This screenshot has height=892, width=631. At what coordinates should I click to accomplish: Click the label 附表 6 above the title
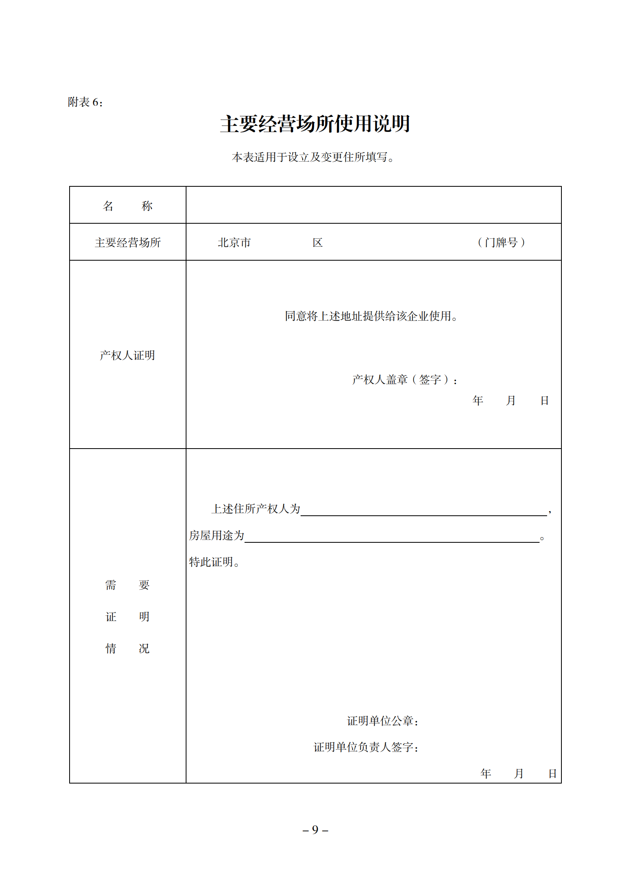85,103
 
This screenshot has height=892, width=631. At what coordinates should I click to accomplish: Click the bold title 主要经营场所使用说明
315,124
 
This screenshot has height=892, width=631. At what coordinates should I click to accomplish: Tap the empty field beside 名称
373,205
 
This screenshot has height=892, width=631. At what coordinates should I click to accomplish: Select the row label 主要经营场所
128,242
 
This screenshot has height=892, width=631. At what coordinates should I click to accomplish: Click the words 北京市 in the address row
234,242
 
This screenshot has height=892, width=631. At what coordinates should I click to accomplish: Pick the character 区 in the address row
317,242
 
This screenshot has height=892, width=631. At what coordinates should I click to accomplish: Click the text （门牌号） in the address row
501,242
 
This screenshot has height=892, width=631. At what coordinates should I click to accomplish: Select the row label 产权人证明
127,355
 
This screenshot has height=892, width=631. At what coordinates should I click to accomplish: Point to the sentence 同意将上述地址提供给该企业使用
371,316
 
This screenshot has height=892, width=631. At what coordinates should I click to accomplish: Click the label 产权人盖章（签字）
404,380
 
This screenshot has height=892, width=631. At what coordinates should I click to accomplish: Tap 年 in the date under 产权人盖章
478,401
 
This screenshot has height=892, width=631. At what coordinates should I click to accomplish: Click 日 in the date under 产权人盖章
544,401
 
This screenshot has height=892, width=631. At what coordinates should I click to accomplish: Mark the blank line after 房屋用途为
392,537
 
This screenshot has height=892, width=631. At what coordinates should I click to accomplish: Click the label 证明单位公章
382,721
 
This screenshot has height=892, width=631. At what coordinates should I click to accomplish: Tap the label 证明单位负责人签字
366,747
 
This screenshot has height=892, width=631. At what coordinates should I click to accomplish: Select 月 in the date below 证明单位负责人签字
518,774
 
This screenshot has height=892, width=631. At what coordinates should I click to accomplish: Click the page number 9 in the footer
315,830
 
